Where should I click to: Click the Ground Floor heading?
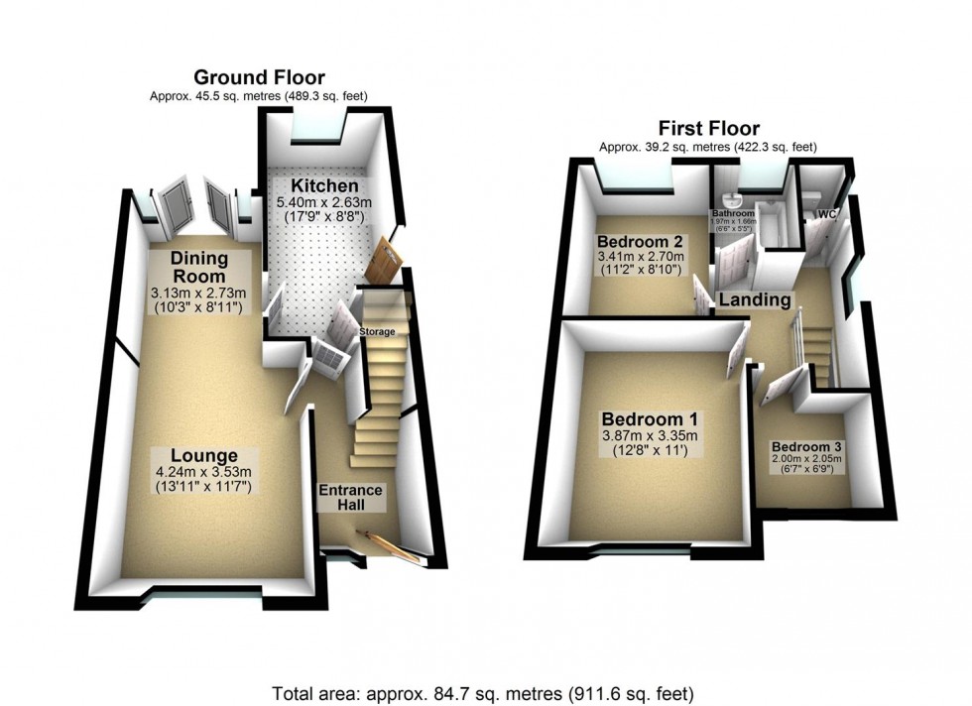pos(259,77)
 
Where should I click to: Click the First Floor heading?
pos(708,129)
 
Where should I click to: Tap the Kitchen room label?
pos(317,185)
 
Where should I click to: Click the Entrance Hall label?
pos(349,498)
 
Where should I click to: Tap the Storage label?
pos(377,331)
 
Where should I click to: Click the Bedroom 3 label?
pos(806,445)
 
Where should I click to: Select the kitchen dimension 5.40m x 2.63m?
pos(317,204)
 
